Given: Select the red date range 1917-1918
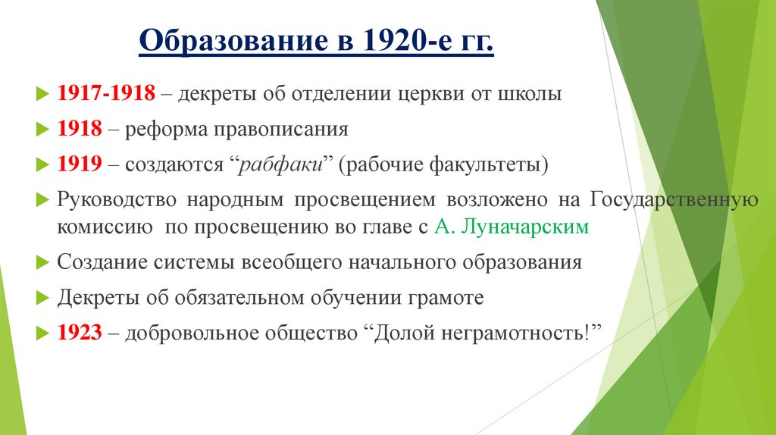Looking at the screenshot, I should coord(107,95).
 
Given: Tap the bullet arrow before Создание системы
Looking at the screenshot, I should coord(42,263).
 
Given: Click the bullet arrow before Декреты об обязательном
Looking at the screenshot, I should coord(42,298).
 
